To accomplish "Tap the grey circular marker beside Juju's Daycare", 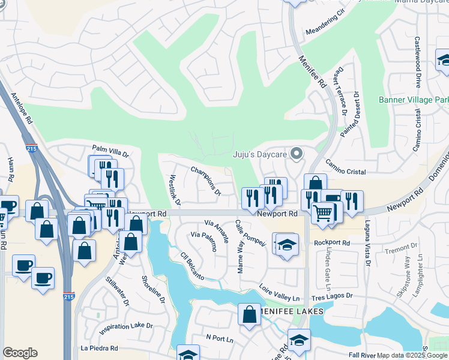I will pos(295,155).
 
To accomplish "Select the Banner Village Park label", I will pos(414,100).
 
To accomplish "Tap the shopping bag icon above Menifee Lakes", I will pos(249,314).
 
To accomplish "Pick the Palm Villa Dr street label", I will pos(110,151).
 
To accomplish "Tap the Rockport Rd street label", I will pos(331,243).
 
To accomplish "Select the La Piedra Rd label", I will pos(99,348).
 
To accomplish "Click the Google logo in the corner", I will pos(20,353).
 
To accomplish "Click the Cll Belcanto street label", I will pos(193,266).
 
